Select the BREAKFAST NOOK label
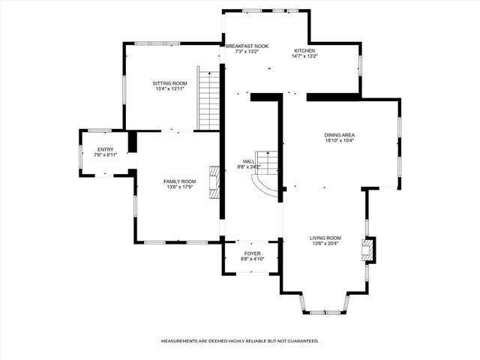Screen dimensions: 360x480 click(x=247, y=46)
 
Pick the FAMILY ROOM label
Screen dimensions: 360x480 click(x=179, y=181)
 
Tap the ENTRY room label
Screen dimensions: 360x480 click(x=105, y=149)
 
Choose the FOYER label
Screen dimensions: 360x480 click(x=250, y=253)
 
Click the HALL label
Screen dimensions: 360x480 click(x=249, y=161)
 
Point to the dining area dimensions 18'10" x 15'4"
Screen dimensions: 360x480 click(x=339, y=140)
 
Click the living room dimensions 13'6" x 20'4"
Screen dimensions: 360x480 click(x=325, y=243)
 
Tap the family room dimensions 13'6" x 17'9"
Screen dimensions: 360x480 click(x=179, y=187)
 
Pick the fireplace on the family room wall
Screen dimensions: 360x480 click(x=214, y=182)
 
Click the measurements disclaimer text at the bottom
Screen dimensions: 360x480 click(x=240, y=340)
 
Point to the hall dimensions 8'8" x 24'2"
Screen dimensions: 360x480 click(x=249, y=167)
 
